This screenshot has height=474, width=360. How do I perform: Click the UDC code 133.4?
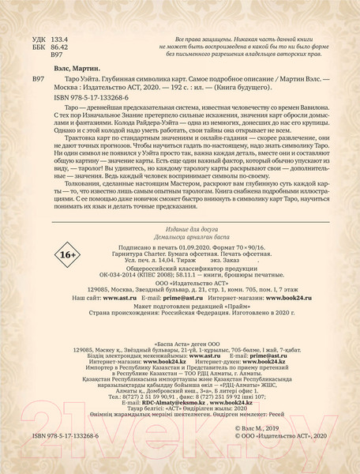coord(58,38)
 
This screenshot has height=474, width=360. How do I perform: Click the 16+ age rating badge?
coord(66,255)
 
